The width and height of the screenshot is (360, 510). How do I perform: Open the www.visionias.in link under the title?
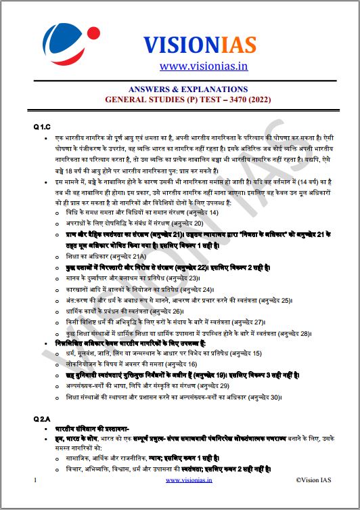[204, 66]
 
